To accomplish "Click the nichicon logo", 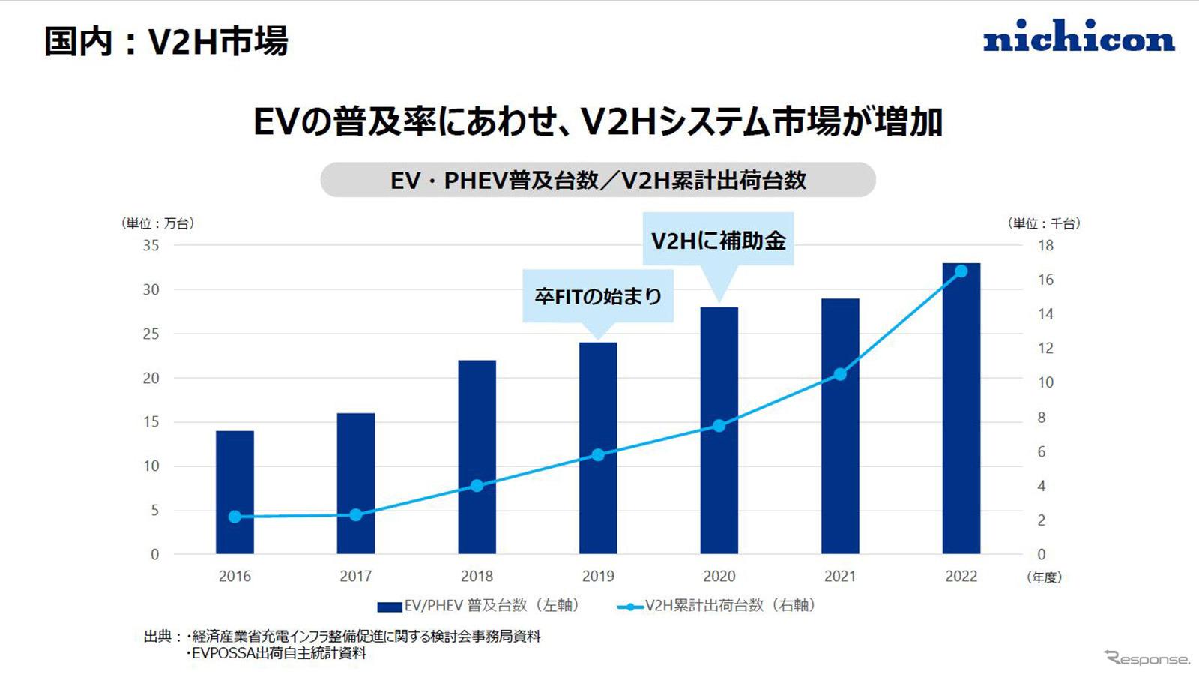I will [x=1078, y=37].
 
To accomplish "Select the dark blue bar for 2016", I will [x=235, y=492].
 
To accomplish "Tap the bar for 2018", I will [x=477, y=457].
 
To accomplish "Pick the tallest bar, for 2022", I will [x=961, y=409].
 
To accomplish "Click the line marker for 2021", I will [x=840, y=374].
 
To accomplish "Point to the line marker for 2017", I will [x=356, y=514].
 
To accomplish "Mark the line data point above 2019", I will [x=598, y=454].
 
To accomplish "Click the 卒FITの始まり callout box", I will [x=598, y=296].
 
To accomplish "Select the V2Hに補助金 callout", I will [x=718, y=240].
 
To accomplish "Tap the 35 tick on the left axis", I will [x=151, y=245].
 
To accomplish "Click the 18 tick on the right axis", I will [x=1045, y=245].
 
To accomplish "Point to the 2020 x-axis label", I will [x=719, y=576].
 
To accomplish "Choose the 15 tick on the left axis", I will [x=151, y=421].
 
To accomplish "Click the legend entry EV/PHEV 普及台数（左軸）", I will [x=480, y=605].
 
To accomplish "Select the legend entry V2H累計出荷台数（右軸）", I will [x=718, y=605].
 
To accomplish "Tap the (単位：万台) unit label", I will [x=157, y=223].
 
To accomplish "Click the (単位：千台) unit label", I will [x=1044, y=223].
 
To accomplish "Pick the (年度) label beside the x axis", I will [x=1044, y=577].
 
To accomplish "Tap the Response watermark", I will [x=1147, y=658].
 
